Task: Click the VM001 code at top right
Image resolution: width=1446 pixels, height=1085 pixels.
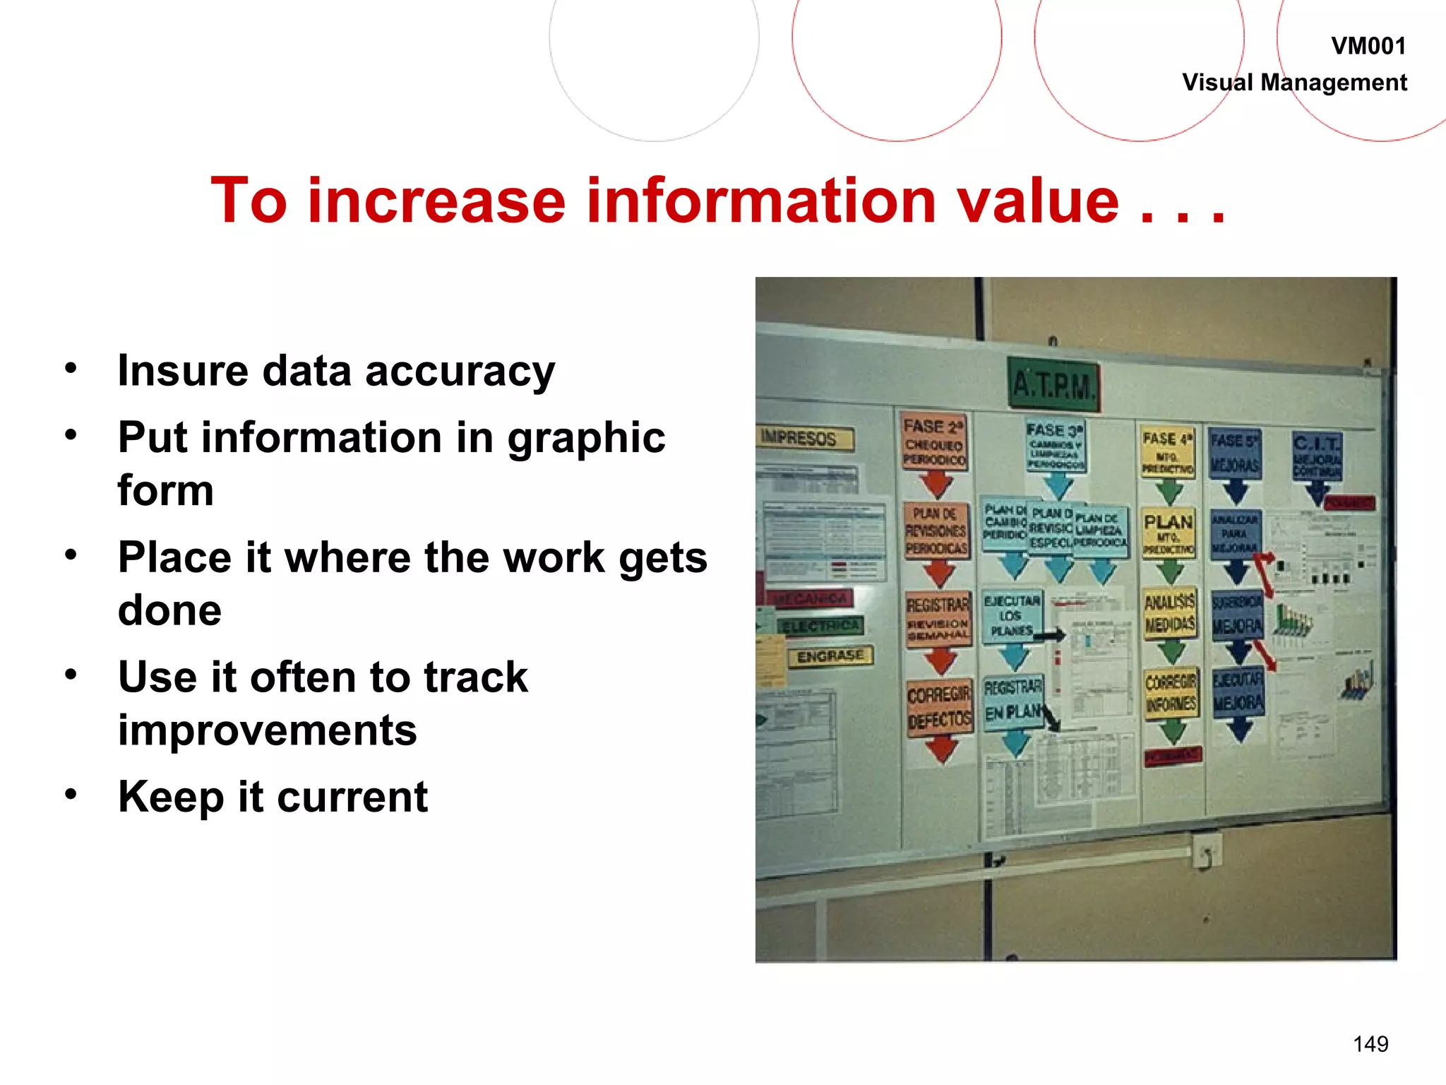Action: point(1368,47)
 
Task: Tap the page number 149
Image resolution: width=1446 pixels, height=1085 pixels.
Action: point(1370,1044)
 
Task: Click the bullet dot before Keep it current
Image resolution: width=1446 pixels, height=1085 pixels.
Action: point(71,795)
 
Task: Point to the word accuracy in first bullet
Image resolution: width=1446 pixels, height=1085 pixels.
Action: point(460,372)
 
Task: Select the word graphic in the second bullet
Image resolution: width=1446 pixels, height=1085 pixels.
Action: point(586,438)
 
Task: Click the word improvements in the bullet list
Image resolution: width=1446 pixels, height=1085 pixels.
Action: point(267,730)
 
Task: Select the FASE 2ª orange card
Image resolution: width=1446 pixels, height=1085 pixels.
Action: point(934,443)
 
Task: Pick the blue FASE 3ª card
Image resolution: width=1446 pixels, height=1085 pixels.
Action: point(1056,446)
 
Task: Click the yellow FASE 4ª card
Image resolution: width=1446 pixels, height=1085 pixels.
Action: point(1168,452)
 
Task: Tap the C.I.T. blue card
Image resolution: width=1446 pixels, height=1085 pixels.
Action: point(1317,456)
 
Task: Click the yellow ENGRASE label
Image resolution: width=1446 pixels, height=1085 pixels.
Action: point(830,656)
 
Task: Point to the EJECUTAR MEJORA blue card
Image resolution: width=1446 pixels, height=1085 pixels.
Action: point(1238,692)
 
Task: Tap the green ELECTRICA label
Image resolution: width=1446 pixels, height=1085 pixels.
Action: point(820,626)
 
